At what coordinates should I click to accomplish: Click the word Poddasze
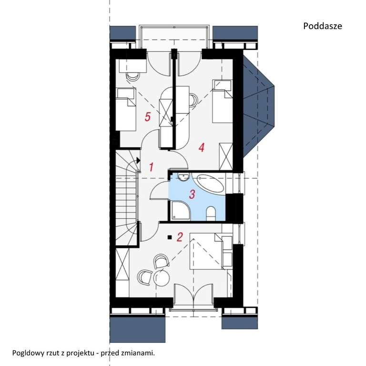pos(323,26)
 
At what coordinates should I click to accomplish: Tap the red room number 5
pos(148,117)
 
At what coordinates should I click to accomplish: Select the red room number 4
pos(202,148)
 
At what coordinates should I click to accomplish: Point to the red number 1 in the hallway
pos(151,167)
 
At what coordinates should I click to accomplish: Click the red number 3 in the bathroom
pos(192,194)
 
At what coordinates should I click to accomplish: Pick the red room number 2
pos(180,237)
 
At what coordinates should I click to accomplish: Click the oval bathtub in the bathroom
pos(210,183)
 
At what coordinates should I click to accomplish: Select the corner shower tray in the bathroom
pos(181,211)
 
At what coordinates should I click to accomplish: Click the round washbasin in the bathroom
pos(183,177)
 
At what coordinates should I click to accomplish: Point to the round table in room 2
pos(162,277)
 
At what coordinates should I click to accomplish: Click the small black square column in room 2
pos(170,237)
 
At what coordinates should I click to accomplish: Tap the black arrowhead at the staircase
pos(138,160)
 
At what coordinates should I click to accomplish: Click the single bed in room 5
pos(126,109)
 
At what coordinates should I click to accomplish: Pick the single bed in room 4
pos(222,102)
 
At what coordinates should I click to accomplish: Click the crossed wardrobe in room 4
pos(226,157)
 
